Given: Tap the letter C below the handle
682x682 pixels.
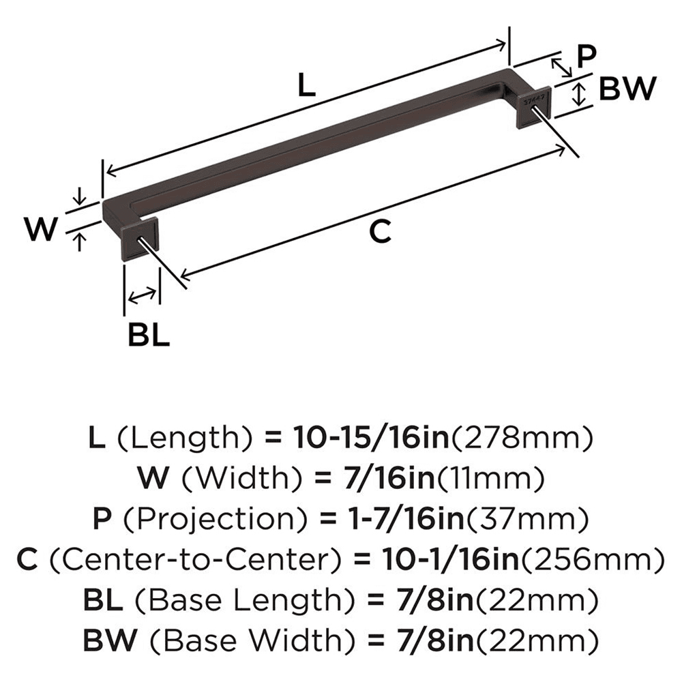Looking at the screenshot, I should [x=380, y=232].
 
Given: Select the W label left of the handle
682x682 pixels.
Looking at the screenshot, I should [x=39, y=229].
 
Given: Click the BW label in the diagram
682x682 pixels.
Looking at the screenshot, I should [x=627, y=89].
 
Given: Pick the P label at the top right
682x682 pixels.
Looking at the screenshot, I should [x=585, y=57].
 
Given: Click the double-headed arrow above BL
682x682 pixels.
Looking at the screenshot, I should [x=141, y=295].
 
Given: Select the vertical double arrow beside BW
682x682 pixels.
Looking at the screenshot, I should [x=579, y=93].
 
